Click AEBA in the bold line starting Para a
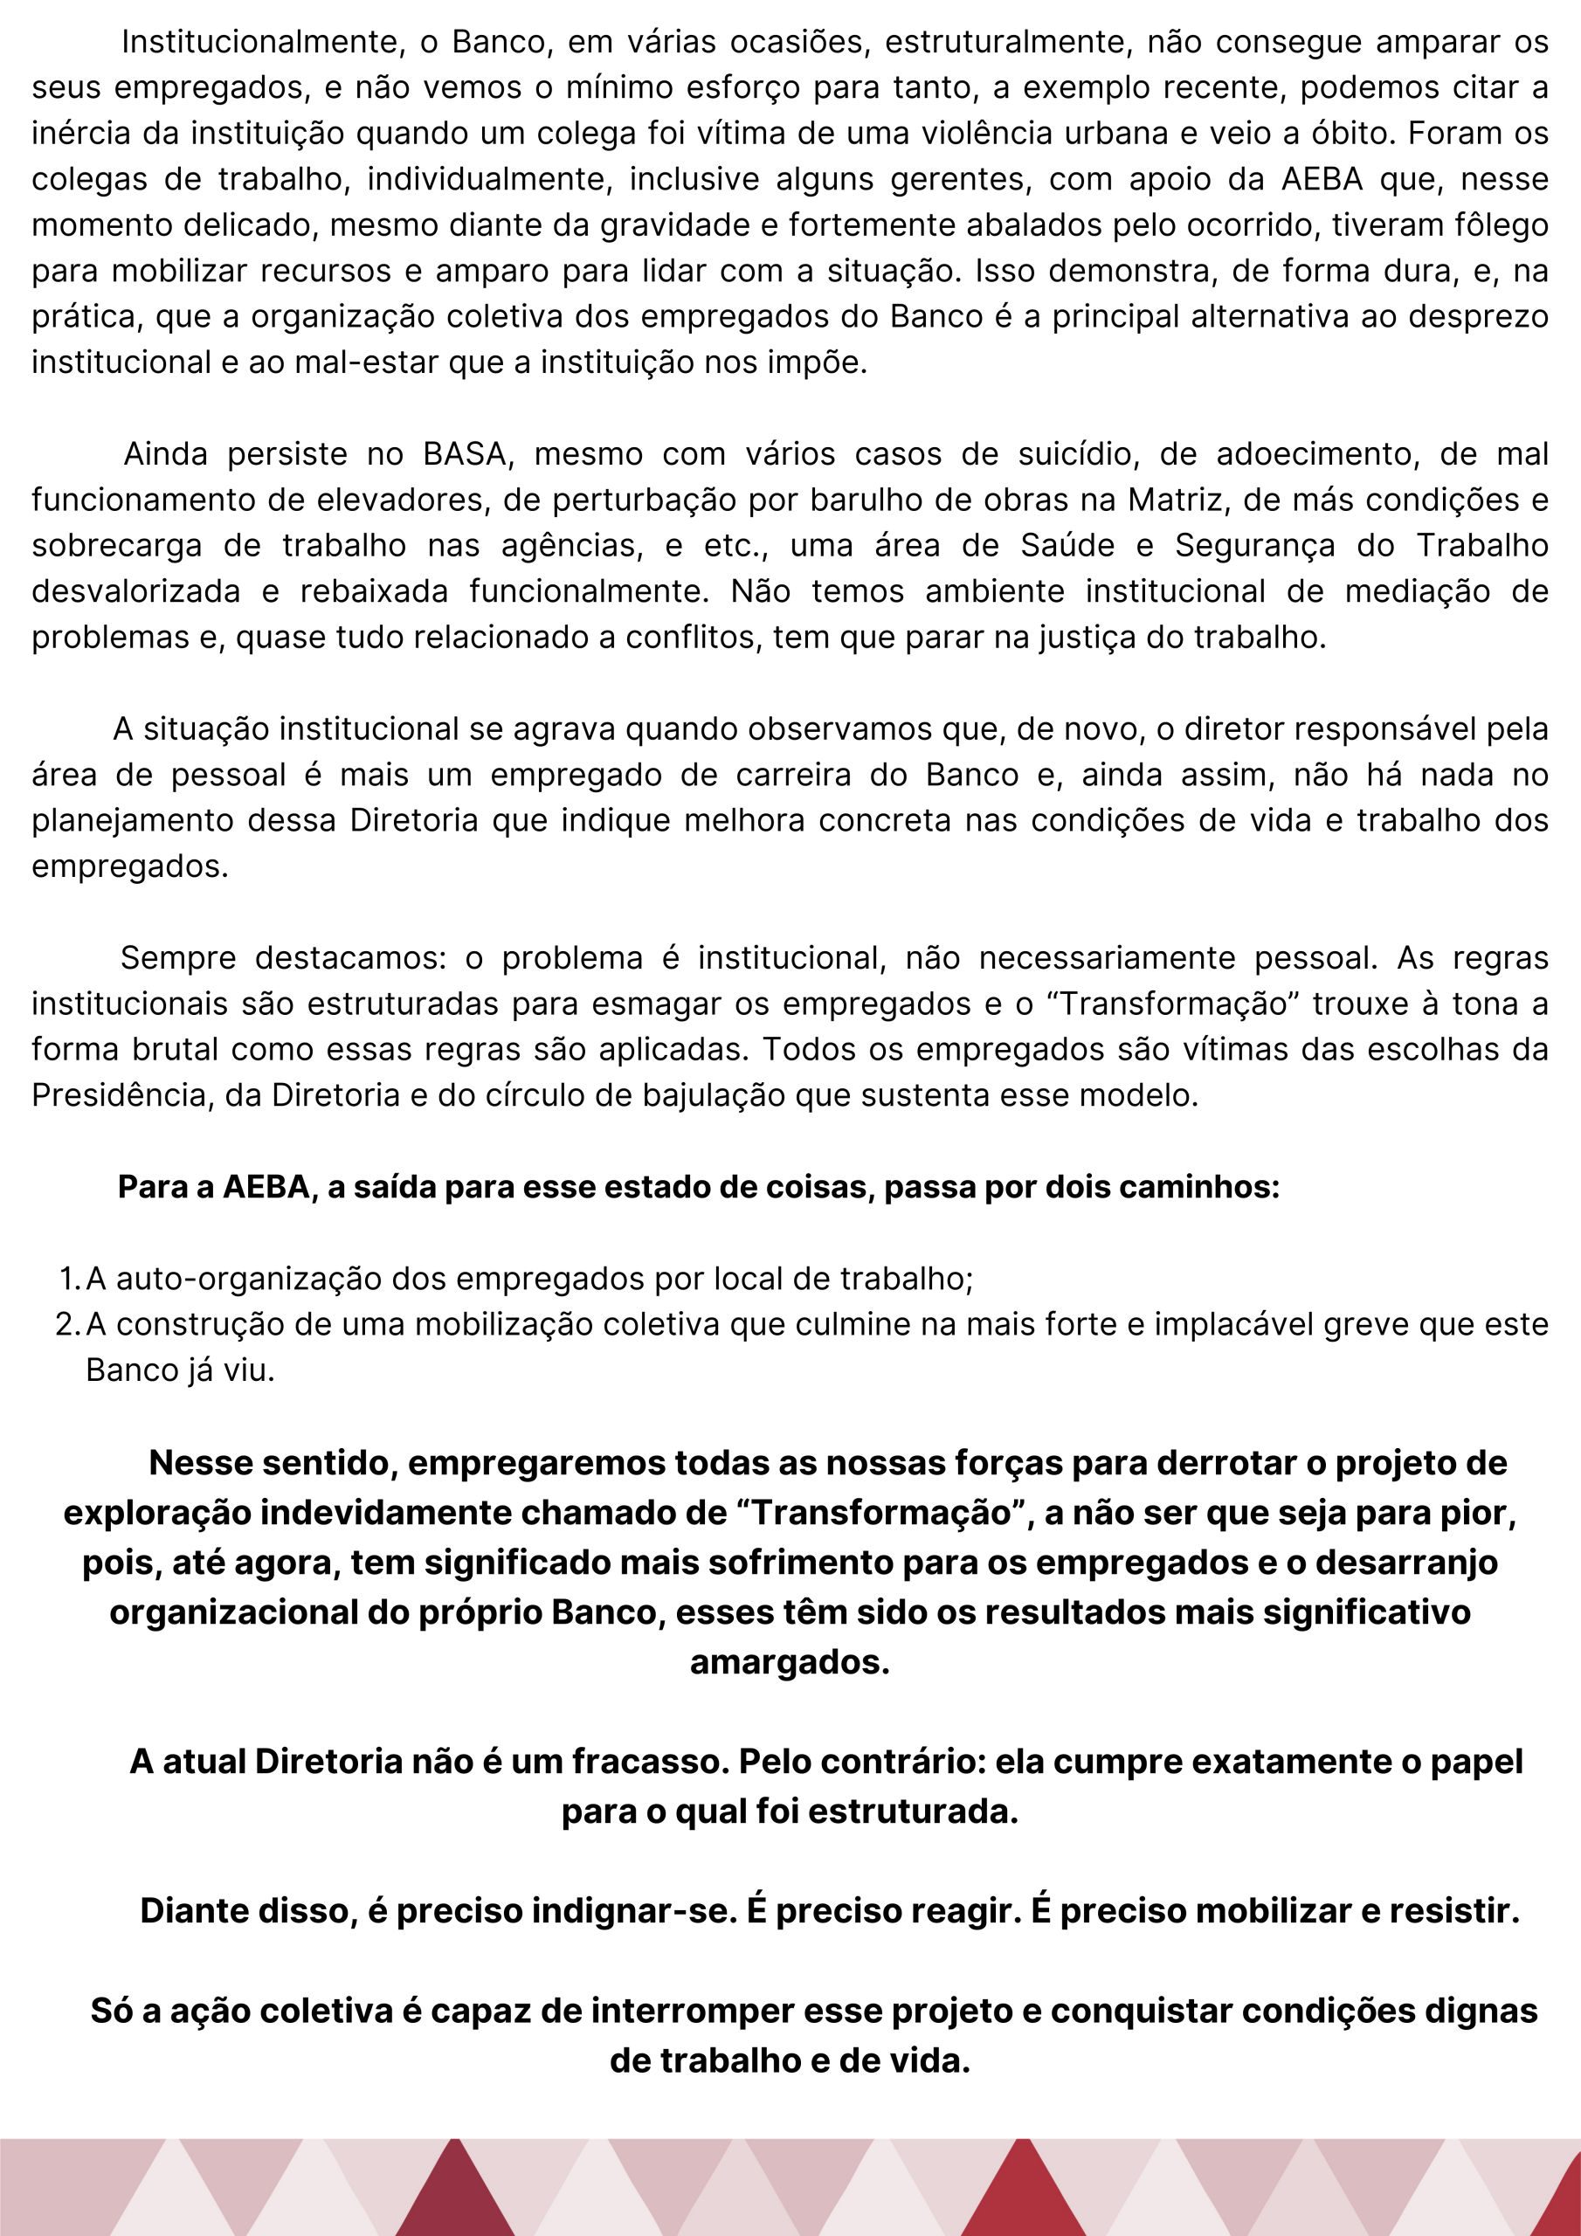[266, 1187]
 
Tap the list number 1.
[67, 1279]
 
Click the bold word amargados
[790, 1662]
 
